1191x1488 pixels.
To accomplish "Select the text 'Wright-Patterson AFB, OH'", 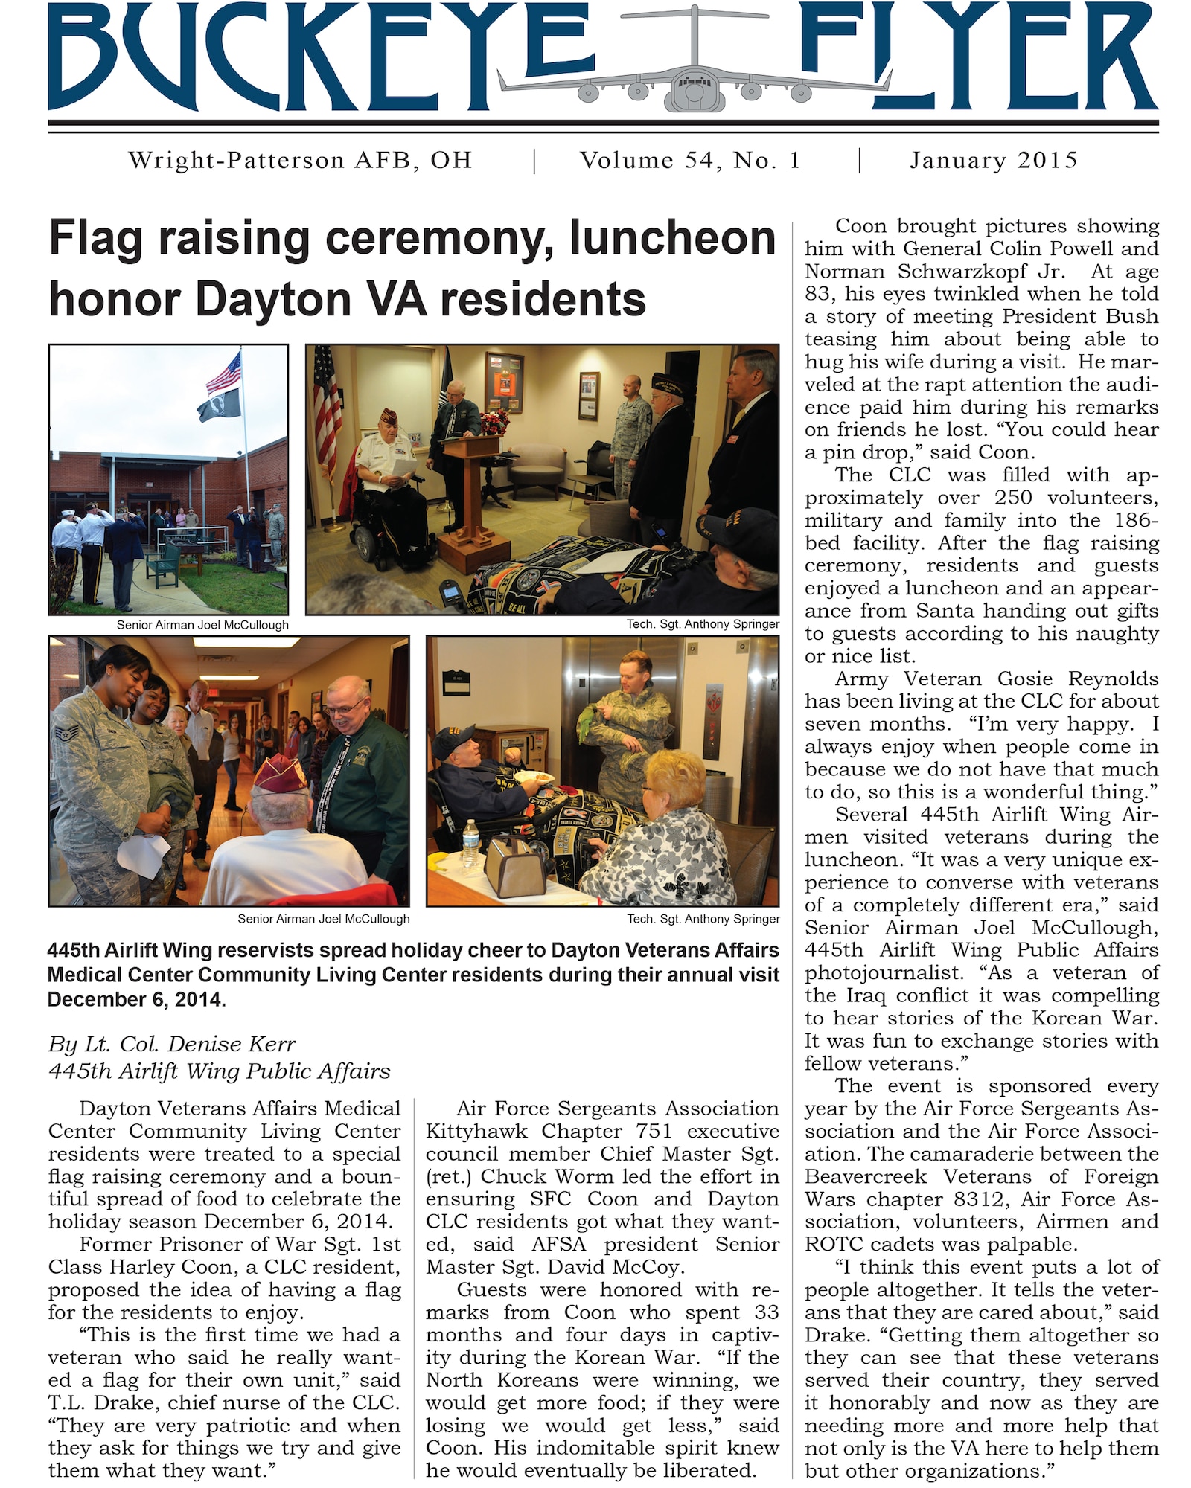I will click(300, 161).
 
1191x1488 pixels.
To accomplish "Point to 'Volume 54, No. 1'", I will click(690, 161).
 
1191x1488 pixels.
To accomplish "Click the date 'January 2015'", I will click(993, 161).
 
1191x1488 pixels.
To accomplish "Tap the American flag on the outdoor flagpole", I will click(224, 372).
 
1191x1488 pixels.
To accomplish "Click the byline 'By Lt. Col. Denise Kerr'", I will click(172, 1045).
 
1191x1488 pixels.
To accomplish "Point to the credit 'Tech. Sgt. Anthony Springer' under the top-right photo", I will click(702, 624).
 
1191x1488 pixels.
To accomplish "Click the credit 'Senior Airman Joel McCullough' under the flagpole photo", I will click(202, 625).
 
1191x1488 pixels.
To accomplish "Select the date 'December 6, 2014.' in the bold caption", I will click(137, 999).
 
